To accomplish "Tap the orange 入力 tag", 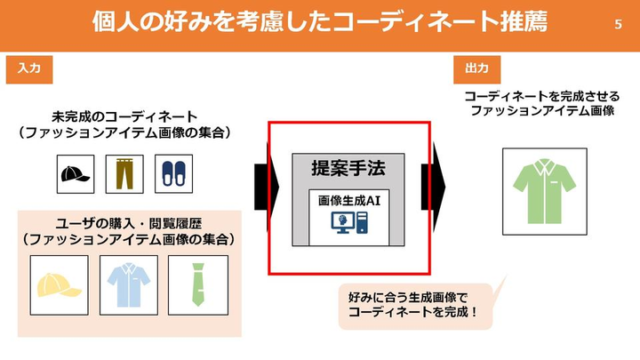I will pyautogui.click(x=23, y=68).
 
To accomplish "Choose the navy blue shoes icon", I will pyautogui.click(x=172, y=171).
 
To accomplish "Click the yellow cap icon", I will pyautogui.click(x=60, y=284).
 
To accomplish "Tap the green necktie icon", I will pyautogui.click(x=198, y=284).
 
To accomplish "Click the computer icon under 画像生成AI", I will pyautogui.click(x=348, y=223).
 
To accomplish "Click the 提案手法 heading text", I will pyautogui.click(x=348, y=168).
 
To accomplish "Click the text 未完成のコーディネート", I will pyautogui.click(x=124, y=116).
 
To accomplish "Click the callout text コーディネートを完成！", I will pyautogui.click(x=414, y=313).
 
